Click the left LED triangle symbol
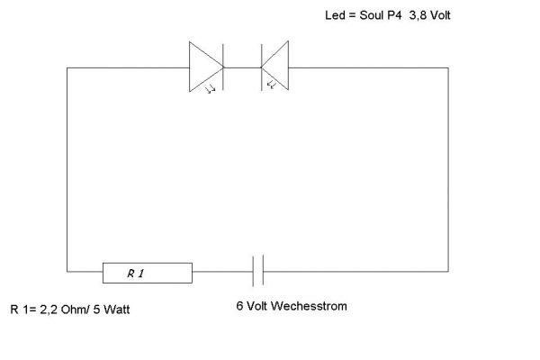(205, 66)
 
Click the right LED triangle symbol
(275, 66)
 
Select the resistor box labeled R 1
(148, 271)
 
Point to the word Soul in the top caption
(374, 16)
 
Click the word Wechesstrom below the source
(310, 306)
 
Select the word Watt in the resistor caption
(126, 310)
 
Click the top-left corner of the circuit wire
(67, 67)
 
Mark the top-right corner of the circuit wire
(448, 67)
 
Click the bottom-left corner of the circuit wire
(67, 270)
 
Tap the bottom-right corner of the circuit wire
(448, 270)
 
